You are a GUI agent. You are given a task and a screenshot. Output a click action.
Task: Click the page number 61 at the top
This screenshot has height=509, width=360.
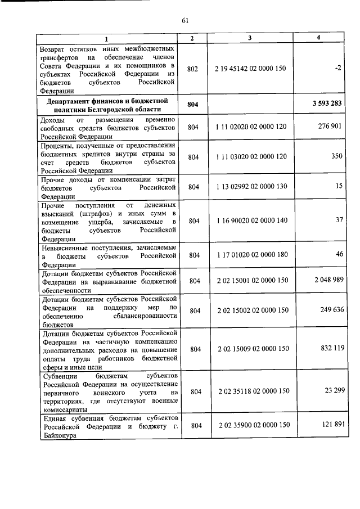click(184, 21)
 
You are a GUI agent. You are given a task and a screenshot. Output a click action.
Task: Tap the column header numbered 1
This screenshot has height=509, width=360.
click(107, 38)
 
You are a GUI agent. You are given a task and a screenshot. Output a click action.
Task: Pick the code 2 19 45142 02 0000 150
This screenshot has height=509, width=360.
click(251, 69)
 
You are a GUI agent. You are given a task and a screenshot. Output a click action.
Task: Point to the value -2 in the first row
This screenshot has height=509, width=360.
click(337, 67)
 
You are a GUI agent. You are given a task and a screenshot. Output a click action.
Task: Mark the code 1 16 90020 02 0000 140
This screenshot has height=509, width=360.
click(251, 222)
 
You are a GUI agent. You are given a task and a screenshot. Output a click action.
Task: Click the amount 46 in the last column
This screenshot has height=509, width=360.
click(339, 254)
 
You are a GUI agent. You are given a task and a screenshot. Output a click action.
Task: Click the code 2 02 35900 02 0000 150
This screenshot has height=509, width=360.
click(251, 425)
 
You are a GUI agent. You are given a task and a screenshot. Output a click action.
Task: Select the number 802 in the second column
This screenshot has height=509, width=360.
click(192, 69)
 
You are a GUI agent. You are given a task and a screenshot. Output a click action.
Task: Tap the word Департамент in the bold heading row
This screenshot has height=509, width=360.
click(70, 100)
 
